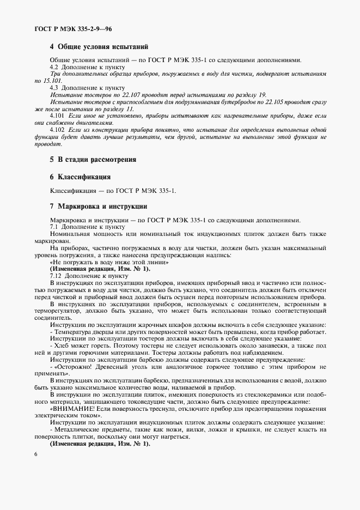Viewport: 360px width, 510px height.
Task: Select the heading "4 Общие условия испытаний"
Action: click(99, 47)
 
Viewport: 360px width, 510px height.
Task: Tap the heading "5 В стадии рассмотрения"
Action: click(93, 160)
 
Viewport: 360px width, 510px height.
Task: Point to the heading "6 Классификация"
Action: click(80, 177)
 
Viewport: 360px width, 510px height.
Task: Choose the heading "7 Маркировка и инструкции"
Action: click(99, 207)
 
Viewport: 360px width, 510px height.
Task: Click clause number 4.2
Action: click(55, 66)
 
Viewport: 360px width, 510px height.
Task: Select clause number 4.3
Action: click(55, 87)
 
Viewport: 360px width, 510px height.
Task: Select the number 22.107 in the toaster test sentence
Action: click(134, 94)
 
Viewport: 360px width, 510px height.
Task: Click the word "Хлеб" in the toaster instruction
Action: click(62, 345)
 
